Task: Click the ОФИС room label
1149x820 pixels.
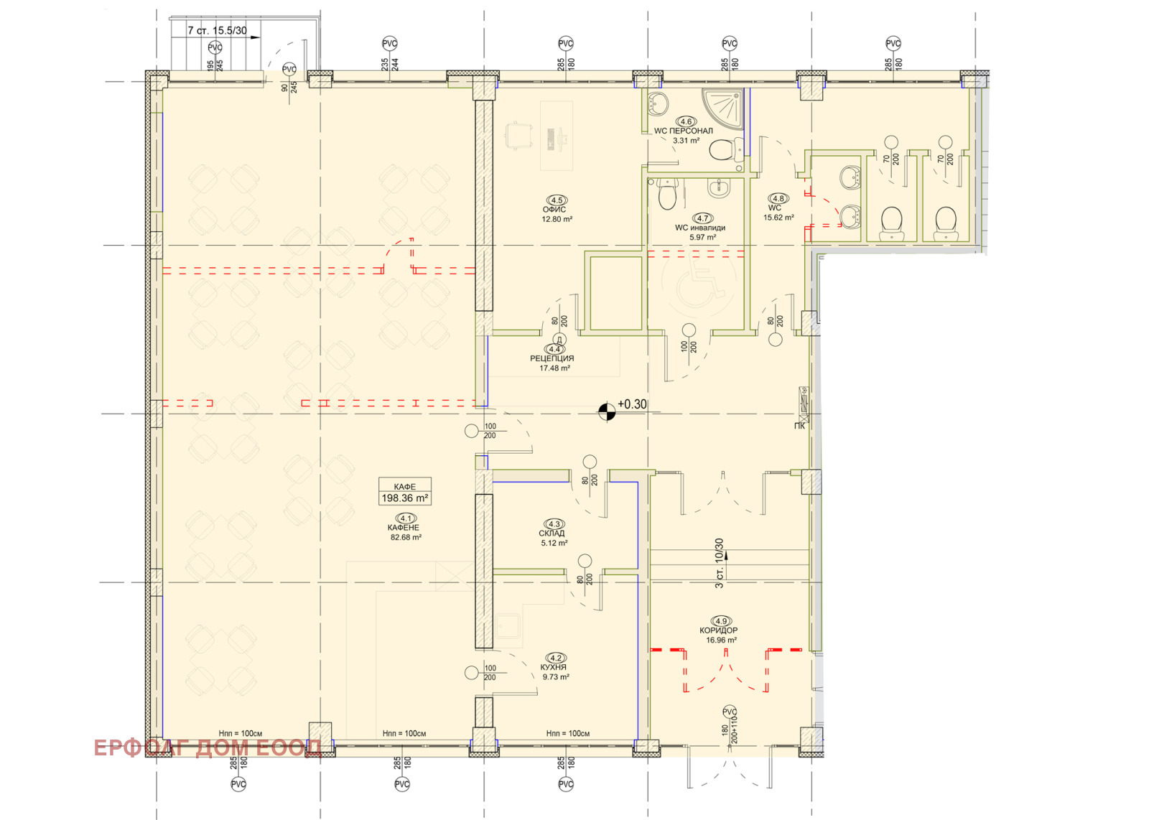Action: [554, 209]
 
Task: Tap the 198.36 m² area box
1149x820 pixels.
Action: [405, 491]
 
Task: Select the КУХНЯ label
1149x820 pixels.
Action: [553, 667]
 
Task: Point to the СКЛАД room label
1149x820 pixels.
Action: [552, 534]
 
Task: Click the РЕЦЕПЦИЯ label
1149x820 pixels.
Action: [552, 358]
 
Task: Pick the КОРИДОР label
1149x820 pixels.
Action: [719, 630]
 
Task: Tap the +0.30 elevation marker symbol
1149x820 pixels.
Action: [607, 411]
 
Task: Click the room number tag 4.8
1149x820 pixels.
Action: [778, 198]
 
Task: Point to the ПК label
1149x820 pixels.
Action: [800, 426]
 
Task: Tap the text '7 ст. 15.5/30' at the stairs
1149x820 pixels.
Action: [217, 30]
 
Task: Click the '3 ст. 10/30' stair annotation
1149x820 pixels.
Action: [719, 563]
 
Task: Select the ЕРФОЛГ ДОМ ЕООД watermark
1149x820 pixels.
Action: [208, 748]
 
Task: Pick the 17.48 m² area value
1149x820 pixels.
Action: [554, 368]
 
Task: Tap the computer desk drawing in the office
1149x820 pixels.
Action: [557, 136]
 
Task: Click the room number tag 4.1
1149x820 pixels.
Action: [406, 518]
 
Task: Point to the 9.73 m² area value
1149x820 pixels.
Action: [556, 677]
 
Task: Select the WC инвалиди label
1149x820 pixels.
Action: [700, 228]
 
